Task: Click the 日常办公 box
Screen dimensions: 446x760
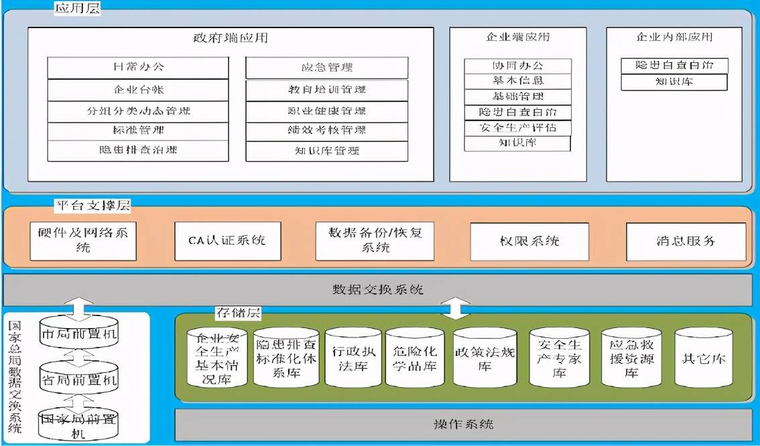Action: [138, 67]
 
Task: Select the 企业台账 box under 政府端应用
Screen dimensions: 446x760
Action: [138, 89]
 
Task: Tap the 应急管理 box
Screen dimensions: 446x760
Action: [327, 68]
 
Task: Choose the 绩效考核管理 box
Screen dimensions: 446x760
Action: [327, 131]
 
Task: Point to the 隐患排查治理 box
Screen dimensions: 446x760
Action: [138, 150]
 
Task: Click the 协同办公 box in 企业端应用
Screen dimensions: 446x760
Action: [517, 66]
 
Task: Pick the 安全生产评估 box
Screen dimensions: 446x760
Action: [517, 127]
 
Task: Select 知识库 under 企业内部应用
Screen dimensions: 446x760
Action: [674, 82]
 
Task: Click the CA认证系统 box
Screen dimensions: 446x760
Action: [227, 240]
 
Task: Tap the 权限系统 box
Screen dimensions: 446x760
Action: [529, 241]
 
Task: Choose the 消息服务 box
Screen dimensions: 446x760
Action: [686, 241]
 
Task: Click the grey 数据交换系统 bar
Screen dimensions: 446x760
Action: [379, 290]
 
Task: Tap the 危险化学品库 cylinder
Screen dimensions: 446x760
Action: [415, 358]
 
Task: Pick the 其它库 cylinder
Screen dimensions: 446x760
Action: [704, 358]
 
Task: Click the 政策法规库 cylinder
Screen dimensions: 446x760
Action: [485, 358]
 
